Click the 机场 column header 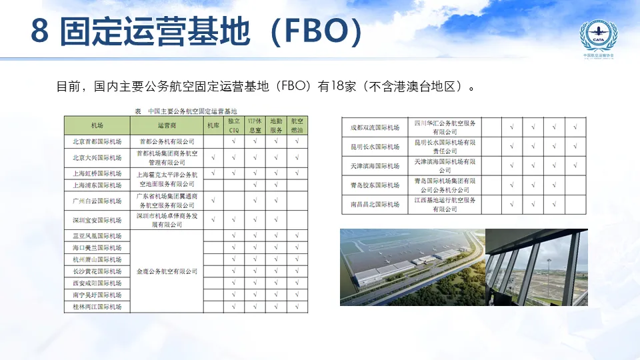97,125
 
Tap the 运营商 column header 167,125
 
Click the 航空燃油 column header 297,125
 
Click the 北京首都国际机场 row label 97,141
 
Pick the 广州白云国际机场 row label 97,201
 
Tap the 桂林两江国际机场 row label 97,307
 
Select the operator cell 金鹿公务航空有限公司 167,271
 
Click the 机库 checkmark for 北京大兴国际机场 213,158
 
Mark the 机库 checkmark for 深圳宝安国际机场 213,220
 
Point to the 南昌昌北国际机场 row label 375,204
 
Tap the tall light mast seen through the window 551,267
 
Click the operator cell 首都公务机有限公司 167,141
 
